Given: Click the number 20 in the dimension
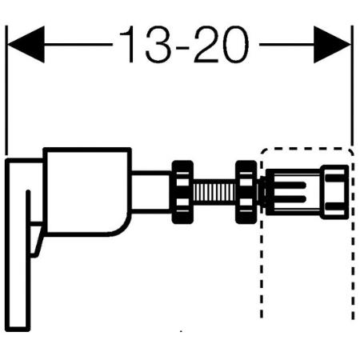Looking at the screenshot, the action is coord(222,44).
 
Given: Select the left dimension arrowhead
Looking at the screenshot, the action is coord(26,44).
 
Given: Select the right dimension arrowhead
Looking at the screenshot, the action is coord(332,44).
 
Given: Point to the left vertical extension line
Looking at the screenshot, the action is coord(6,90).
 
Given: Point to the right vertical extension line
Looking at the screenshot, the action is coord(352,86).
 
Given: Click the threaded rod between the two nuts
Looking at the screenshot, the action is coord(214,191).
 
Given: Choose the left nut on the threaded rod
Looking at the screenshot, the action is coord(182,192).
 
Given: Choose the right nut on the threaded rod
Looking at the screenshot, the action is coord(246,192).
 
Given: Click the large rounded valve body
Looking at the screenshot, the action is coord(87,192).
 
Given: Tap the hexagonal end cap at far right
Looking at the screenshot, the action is coord(334,192).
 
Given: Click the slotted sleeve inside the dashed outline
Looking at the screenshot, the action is coord(293,192).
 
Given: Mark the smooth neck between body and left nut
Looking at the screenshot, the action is coord(151,192).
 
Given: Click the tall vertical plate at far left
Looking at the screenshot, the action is coord(18,245).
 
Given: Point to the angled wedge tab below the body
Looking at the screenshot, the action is coord(37,239).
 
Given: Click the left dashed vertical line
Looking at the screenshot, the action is coord(262,234).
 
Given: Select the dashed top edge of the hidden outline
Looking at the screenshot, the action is coord(306,149).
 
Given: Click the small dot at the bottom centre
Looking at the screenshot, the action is coord(181,331).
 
